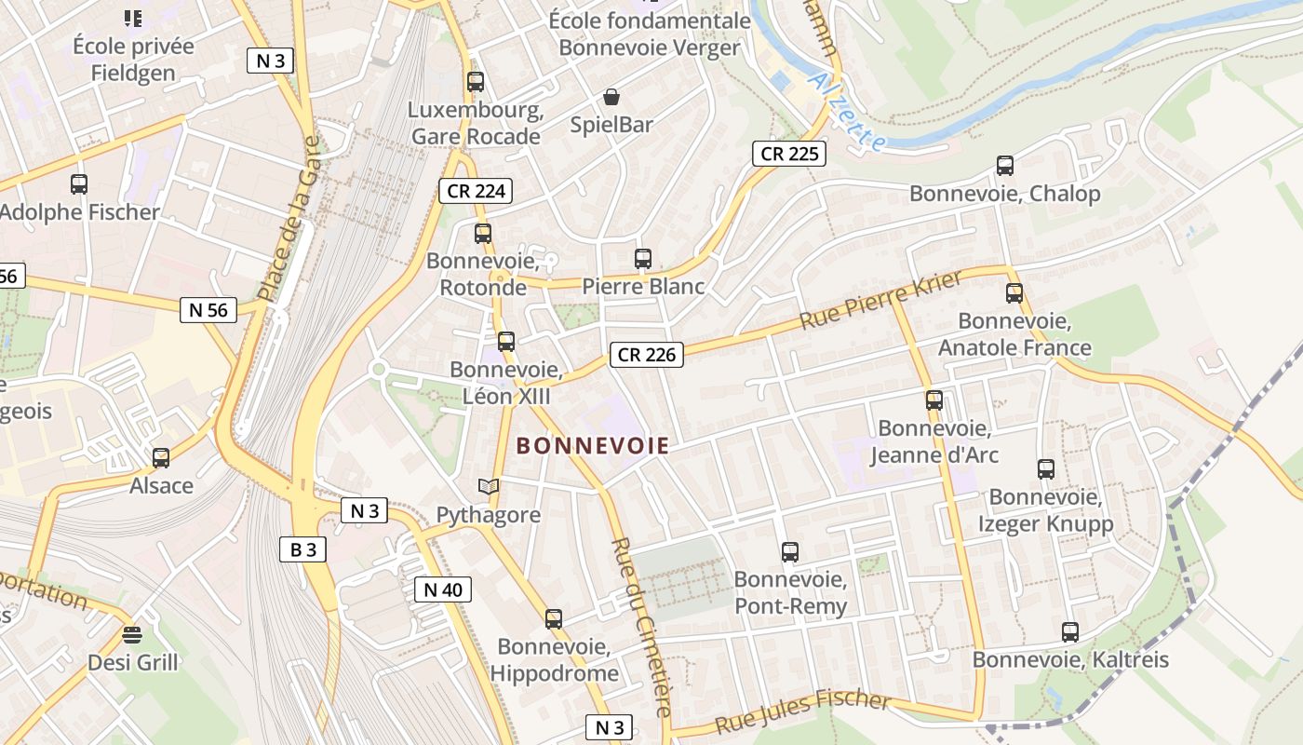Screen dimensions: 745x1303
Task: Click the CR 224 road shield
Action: pos(476,192)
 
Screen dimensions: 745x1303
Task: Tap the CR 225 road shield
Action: pos(789,154)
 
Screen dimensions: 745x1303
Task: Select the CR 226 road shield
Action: pos(648,354)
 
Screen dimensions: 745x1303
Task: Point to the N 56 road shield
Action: pos(208,310)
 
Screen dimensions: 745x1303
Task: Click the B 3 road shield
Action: pos(303,549)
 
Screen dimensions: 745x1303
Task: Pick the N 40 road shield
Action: pos(443,589)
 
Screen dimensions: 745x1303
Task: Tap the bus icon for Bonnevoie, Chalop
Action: pos(1005,166)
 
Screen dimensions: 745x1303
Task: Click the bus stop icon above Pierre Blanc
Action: pos(643,259)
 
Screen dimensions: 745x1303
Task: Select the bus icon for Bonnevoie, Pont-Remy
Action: pos(790,552)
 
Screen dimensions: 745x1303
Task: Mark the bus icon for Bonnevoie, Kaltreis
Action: pos(1070,632)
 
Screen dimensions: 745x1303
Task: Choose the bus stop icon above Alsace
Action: pos(161,458)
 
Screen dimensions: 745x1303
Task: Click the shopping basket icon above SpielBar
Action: pos(611,97)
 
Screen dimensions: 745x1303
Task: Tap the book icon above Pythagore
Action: pos(489,487)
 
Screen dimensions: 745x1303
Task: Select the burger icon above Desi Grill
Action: pos(132,635)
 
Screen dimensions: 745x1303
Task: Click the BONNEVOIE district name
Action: pos(593,446)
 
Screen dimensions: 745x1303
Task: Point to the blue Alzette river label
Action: pos(847,112)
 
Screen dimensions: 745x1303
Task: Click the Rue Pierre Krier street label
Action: pos(880,301)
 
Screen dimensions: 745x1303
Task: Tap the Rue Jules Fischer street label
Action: pos(802,711)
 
